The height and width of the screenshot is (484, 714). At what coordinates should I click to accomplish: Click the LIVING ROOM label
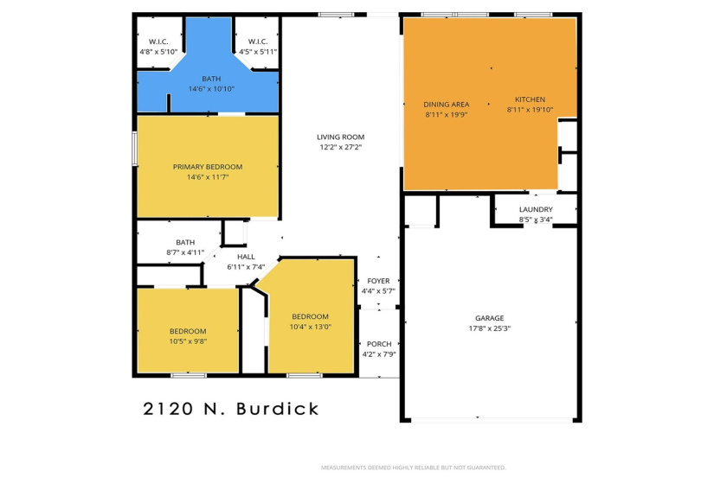(340, 137)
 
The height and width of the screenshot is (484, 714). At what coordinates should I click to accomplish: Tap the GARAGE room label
(489, 317)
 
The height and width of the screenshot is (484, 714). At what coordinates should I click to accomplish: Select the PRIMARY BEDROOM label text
(208, 167)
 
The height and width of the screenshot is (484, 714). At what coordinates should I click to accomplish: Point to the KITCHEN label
(531, 99)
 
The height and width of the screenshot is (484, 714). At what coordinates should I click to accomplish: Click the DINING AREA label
(447, 105)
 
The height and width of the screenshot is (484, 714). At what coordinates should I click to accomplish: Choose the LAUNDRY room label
(536, 209)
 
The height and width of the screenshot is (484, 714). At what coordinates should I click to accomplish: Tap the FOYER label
(378, 281)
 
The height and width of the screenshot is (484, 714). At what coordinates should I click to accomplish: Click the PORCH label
(378, 343)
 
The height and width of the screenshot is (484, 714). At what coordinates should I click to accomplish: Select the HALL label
(246, 256)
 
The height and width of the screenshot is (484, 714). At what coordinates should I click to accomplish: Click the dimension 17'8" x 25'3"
(489, 328)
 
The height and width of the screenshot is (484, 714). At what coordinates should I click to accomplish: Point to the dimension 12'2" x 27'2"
(340, 147)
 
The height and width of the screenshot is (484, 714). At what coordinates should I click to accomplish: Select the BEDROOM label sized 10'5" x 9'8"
(188, 331)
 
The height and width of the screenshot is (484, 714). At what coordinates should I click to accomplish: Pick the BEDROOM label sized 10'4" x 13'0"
(310, 316)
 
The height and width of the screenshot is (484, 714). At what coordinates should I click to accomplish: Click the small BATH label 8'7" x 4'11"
(185, 242)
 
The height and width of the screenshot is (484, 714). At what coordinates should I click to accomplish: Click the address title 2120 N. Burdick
(230, 409)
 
